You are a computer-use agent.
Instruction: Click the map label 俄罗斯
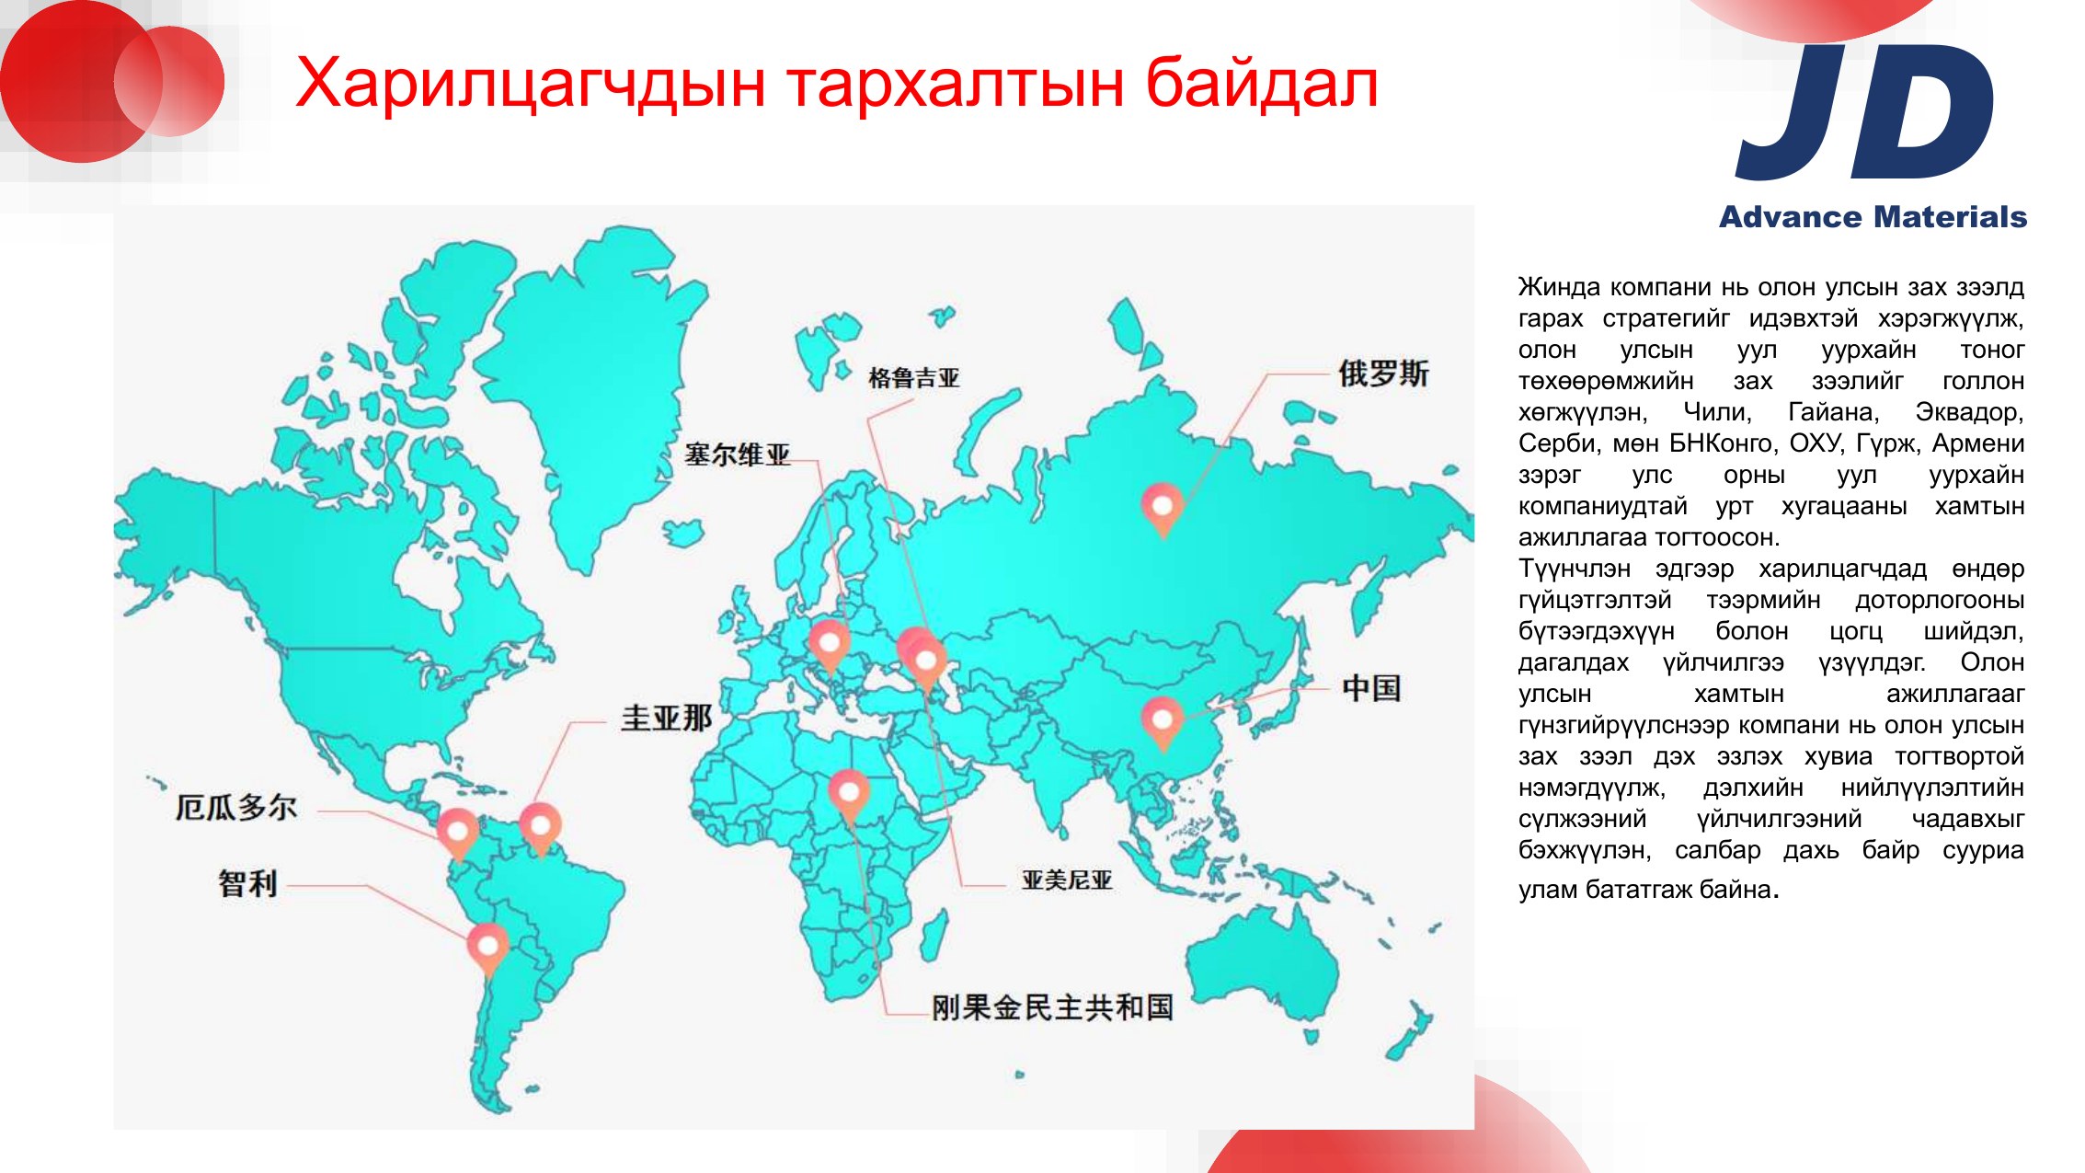click(x=1383, y=374)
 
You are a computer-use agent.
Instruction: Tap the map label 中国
click(x=1371, y=688)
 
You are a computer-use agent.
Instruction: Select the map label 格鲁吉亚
click(x=913, y=378)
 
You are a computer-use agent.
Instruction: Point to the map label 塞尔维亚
click(x=737, y=454)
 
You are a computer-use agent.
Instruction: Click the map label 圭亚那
click(x=667, y=718)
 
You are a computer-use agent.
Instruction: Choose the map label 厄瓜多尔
click(x=236, y=808)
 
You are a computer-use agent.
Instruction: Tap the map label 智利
click(x=247, y=883)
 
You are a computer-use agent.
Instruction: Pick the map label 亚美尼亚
click(x=1067, y=880)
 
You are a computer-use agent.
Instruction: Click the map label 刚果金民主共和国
click(x=1052, y=1007)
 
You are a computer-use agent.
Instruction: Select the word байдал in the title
click(x=1262, y=84)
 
